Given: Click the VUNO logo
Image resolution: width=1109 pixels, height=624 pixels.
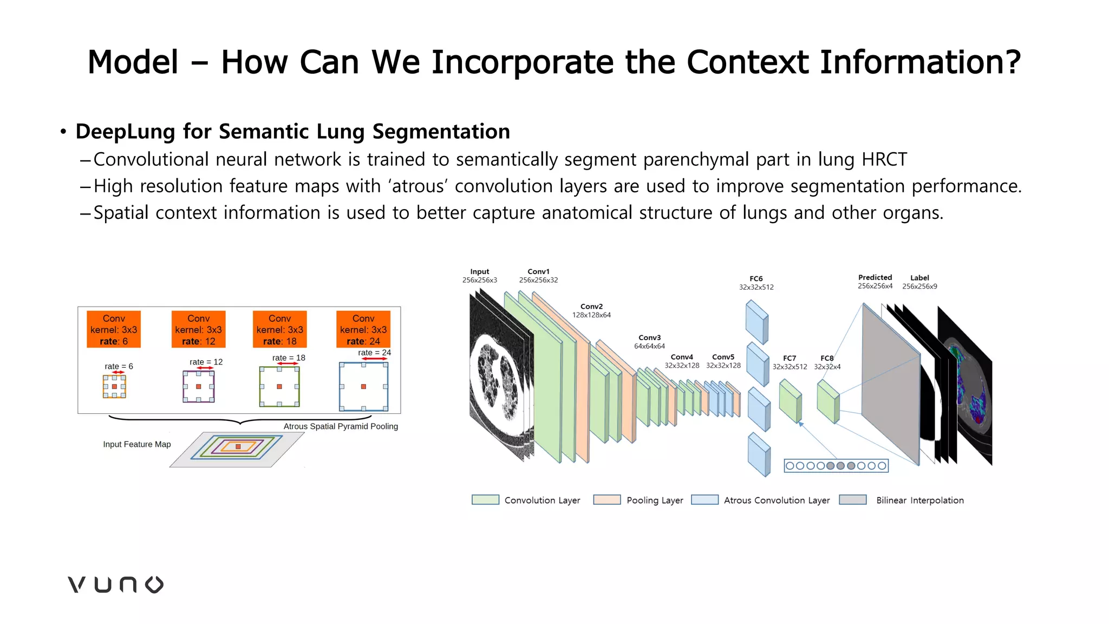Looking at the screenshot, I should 115,584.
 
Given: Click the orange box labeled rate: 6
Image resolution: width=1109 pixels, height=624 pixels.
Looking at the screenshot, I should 114,329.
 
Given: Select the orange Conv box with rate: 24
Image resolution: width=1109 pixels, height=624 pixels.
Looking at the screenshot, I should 363,329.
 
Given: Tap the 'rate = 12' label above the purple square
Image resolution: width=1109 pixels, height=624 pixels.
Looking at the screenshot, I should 206,362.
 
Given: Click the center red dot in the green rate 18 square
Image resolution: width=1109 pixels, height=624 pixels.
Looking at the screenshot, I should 279,387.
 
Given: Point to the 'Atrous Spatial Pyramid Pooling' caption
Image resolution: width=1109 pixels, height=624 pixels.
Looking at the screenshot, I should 341,426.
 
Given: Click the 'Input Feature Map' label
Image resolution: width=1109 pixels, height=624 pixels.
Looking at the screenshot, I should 137,444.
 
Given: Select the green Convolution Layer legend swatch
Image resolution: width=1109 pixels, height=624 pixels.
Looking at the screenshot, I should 485,500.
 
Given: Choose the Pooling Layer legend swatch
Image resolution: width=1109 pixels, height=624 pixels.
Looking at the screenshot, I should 606,500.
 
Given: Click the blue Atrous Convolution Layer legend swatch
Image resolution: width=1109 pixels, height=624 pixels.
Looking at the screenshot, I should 704,500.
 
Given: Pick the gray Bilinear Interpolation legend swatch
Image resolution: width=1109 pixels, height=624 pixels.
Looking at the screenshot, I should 853,500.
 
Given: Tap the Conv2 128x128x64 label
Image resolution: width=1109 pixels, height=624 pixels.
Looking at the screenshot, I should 591,310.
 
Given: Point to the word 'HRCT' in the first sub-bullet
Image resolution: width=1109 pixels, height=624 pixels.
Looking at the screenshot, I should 884,160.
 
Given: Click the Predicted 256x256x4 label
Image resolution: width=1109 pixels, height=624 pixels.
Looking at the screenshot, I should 875,282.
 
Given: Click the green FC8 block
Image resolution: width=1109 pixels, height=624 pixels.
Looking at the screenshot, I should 828,401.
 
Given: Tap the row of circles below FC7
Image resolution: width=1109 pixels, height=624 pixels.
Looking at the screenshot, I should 836,466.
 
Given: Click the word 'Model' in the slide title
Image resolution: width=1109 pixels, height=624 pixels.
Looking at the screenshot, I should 133,62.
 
